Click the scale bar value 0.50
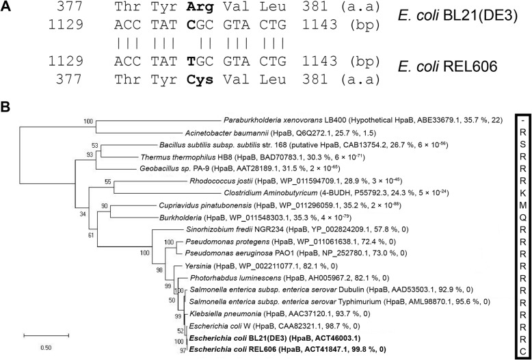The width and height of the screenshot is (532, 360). click(x=45, y=348)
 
